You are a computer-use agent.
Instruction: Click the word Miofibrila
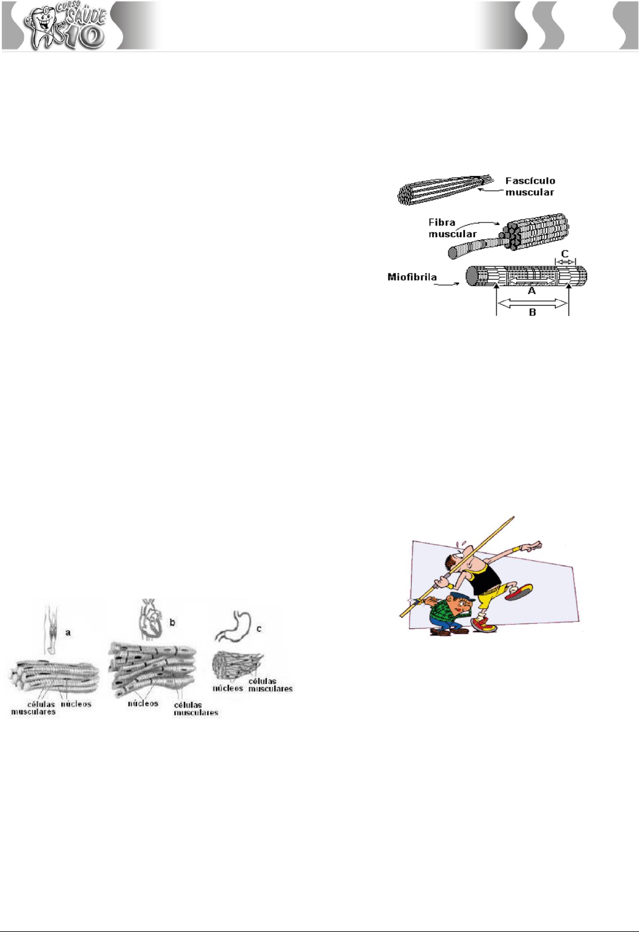[x=412, y=277]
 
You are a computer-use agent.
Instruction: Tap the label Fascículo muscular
[x=530, y=186]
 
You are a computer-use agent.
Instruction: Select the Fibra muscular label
[x=453, y=228]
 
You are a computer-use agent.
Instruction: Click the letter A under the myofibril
[x=532, y=291]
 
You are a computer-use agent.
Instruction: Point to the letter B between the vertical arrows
[x=532, y=312]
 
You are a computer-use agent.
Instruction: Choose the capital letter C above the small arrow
[x=565, y=254]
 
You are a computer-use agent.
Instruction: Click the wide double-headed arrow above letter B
[x=532, y=304]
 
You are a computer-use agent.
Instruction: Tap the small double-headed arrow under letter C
[x=566, y=262]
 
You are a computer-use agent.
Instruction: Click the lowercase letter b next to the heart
[x=172, y=622]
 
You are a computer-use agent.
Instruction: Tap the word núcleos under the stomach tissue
[x=228, y=688]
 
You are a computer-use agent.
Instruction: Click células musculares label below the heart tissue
[x=196, y=709]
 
